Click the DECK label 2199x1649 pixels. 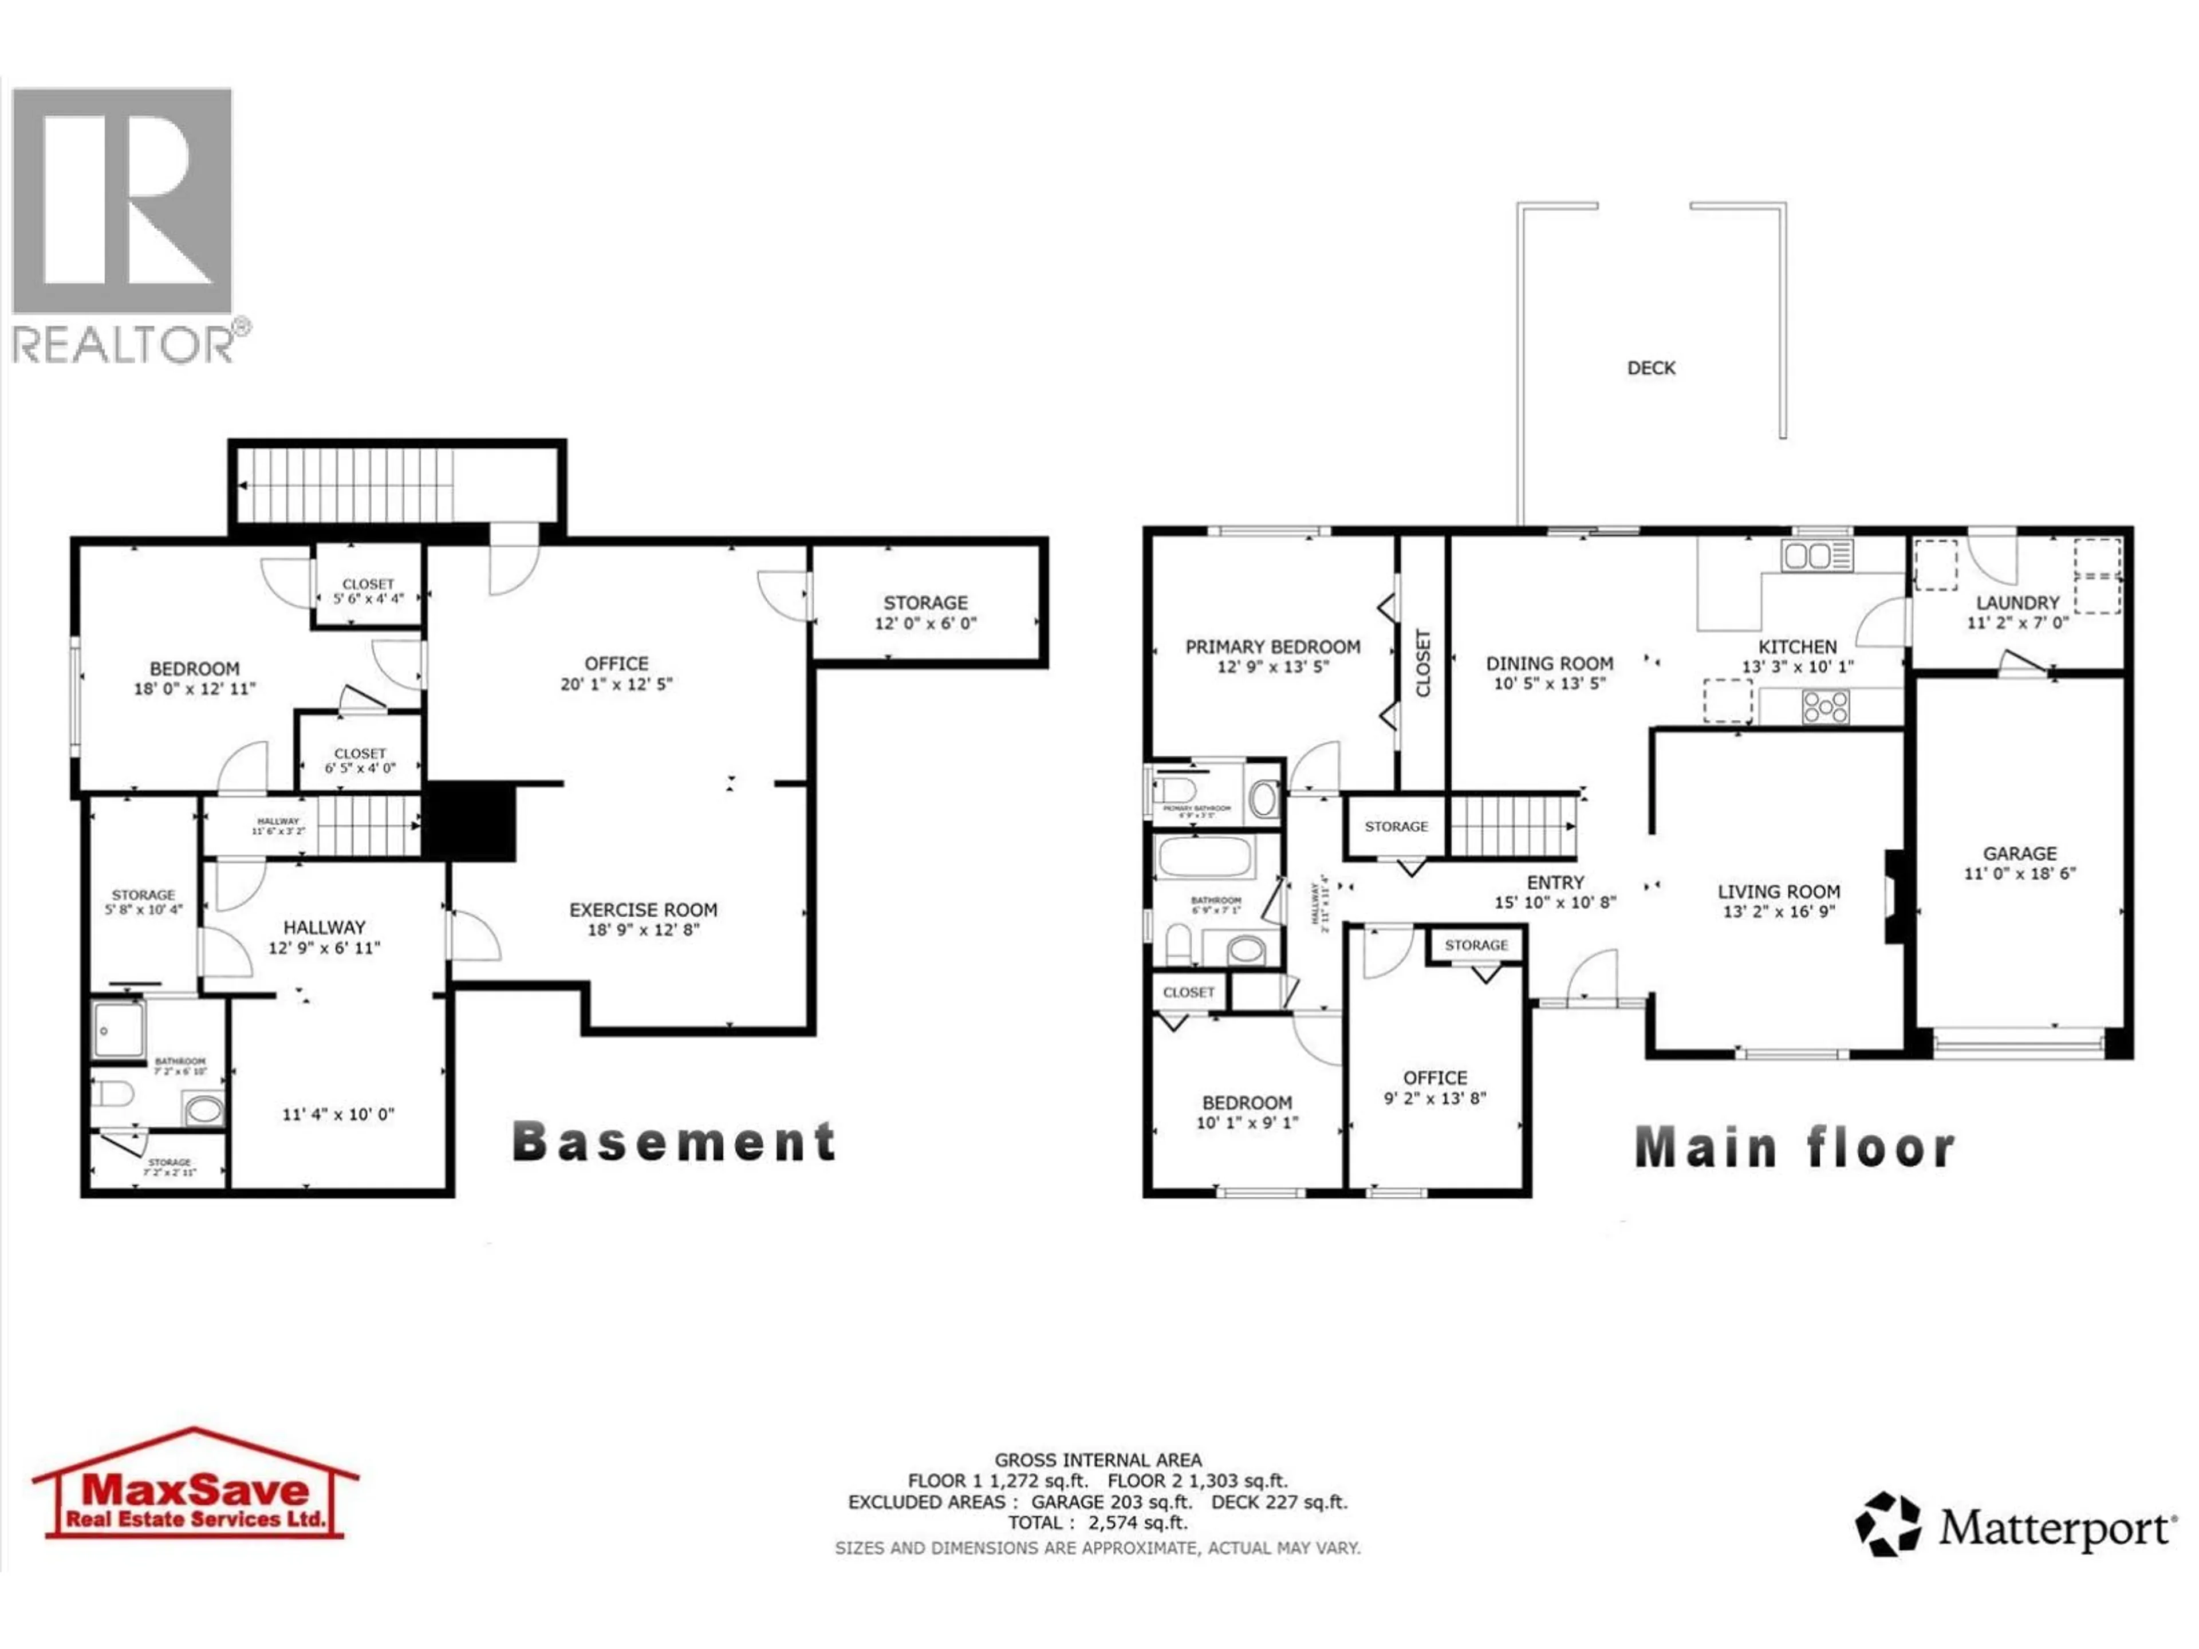tap(1650, 368)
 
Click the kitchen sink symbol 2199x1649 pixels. tap(1817, 555)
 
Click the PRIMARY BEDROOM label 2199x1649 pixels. tap(1272, 647)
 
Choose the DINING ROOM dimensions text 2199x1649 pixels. tap(1549, 684)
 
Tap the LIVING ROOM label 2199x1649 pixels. tap(1779, 891)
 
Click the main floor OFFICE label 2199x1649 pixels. tap(1435, 1078)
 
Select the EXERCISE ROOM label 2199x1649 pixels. tap(643, 909)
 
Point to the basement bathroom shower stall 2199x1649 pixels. tap(119, 1029)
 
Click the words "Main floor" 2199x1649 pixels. tap(1794, 1148)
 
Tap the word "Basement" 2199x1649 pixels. tap(674, 1142)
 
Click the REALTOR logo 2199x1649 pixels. tap(124, 224)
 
